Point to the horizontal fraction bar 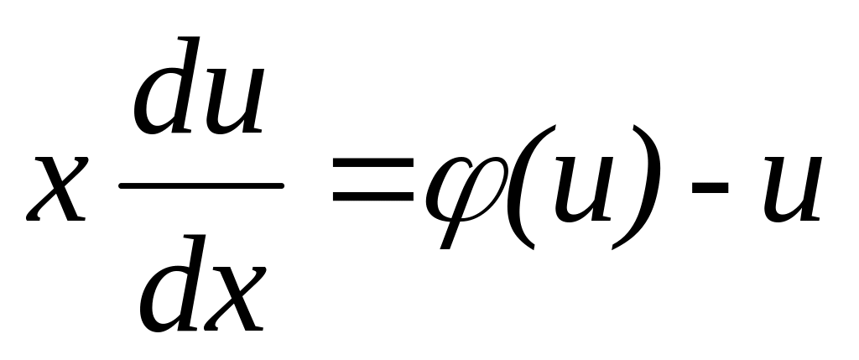tap(201, 185)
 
